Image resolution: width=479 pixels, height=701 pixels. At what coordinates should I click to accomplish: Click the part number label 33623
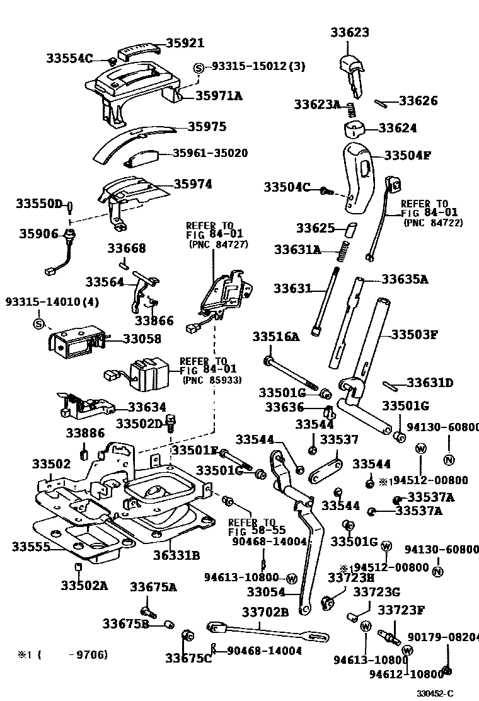(x=350, y=32)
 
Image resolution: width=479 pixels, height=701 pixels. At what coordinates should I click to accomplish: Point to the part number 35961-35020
(x=211, y=153)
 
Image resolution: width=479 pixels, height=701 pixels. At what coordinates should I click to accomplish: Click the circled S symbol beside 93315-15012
(x=198, y=67)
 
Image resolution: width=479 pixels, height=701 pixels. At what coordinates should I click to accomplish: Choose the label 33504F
(x=407, y=155)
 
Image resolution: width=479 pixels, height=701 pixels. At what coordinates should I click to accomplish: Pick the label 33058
(x=142, y=339)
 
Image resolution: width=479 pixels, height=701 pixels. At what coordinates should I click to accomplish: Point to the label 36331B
(x=176, y=555)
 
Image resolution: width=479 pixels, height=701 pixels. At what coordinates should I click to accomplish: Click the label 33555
(x=30, y=547)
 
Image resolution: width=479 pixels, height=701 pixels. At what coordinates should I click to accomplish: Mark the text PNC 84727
(x=218, y=245)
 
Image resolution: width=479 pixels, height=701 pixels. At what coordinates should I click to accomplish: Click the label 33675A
(x=153, y=587)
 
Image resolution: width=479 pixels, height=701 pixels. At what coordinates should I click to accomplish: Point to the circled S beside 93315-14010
(x=38, y=324)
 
